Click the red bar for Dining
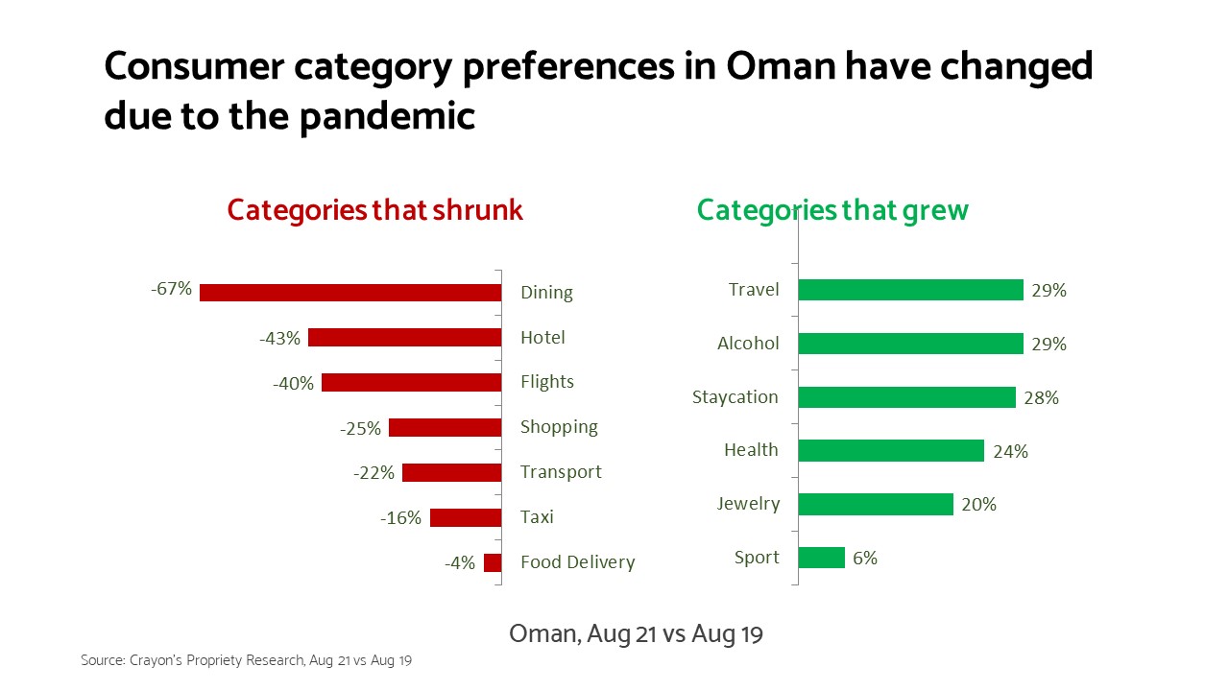[x=350, y=293]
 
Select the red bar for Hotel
[x=405, y=337]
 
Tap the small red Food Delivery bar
[x=493, y=562]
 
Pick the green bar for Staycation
[x=907, y=397]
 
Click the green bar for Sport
[x=822, y=558]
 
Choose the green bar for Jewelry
[x=877, y=504]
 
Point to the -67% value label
[x=171, y=289]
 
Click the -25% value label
[x=360, y=428]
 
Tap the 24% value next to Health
[x=1011, y=451]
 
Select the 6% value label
[x=865, y=559]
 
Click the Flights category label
[x=547, y=381]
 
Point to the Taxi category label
[x=537, y=516]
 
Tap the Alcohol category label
[x=748, y=344]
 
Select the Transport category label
[x=561, y=471]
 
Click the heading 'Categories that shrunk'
[x=375, y=210]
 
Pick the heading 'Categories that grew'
[x=832, y=210]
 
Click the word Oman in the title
[x=781, y=66]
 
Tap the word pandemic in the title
[x=387, y=117]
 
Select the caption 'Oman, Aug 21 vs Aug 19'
[x=636, y=634]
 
